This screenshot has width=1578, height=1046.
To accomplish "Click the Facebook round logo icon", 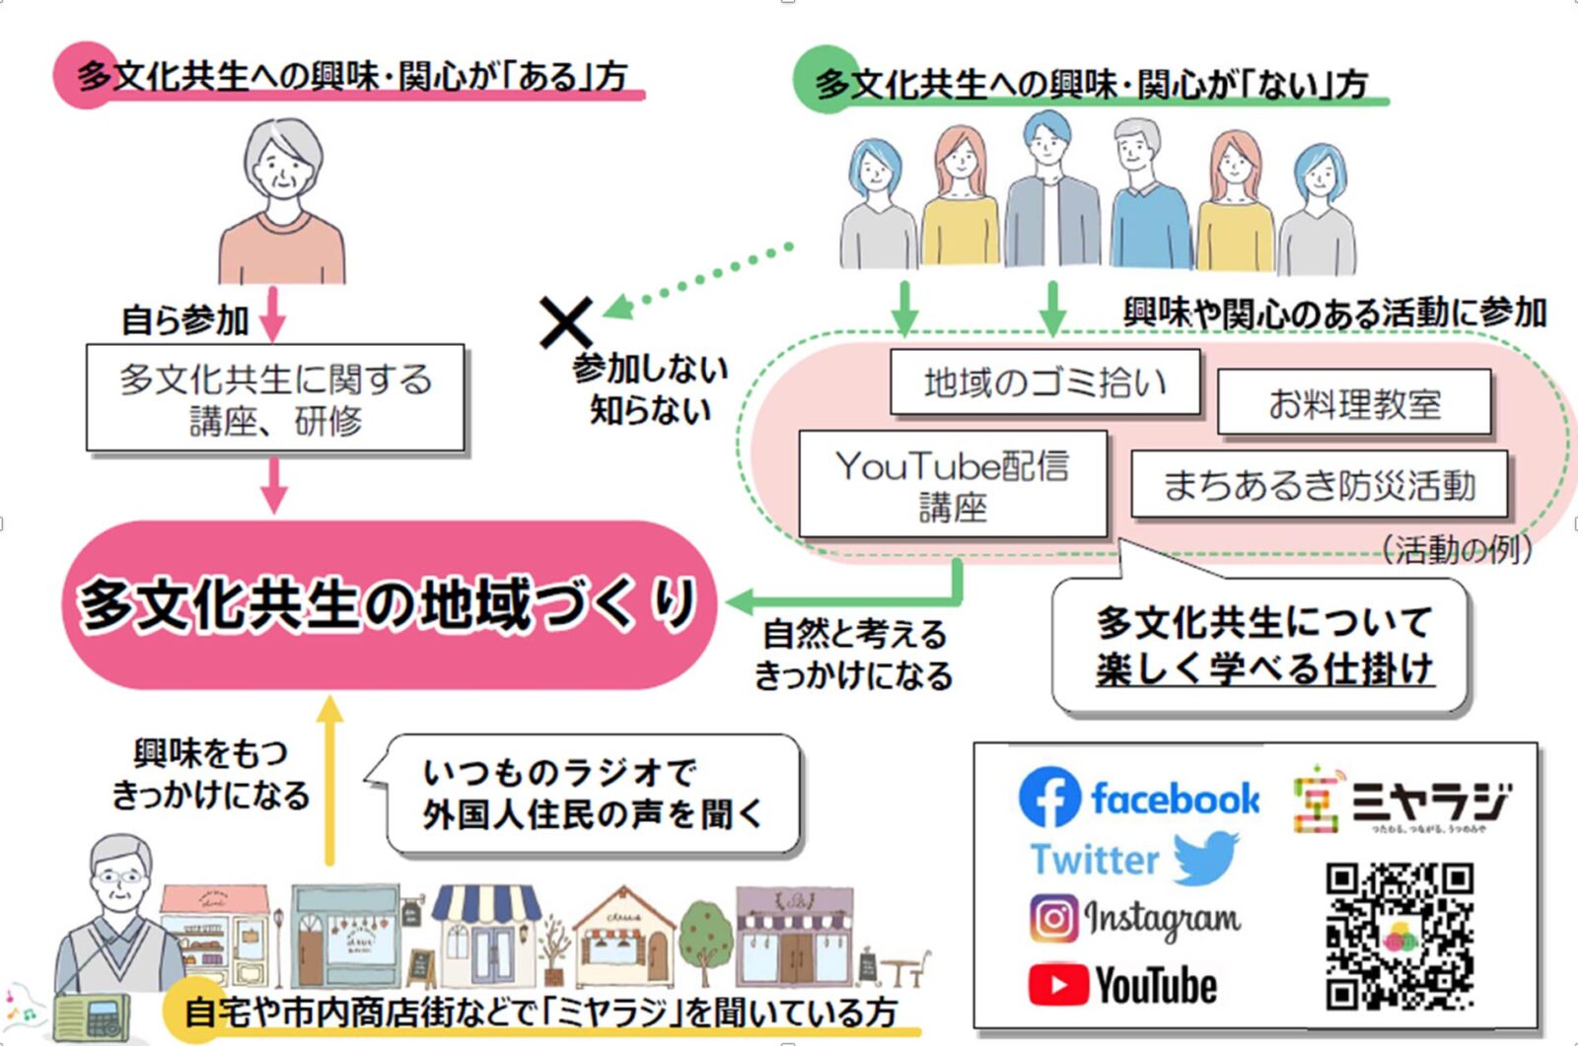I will [1049, 797].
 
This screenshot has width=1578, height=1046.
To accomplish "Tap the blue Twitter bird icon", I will [1206, 858].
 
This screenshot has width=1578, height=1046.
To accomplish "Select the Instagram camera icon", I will [1053, 919].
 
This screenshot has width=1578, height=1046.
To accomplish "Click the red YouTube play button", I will [1057, 985].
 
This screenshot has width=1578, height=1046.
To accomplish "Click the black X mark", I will [566, 322].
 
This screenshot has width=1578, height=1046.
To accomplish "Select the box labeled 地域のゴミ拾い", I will [1044, 382].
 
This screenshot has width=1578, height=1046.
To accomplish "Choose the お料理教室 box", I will [1353, 402].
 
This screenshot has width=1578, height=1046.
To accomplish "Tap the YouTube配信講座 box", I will [952, 484].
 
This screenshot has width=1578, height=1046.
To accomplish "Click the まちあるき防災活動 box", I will [1319, 484].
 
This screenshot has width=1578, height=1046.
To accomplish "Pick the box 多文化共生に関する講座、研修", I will [275, 398].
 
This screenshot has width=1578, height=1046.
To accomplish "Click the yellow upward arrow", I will [329, 779].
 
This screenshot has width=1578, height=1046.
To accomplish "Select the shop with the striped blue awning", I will [486, 937].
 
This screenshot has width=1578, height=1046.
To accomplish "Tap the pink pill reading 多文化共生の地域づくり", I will [389, 604].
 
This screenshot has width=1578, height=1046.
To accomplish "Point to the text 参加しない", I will [650, 369].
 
